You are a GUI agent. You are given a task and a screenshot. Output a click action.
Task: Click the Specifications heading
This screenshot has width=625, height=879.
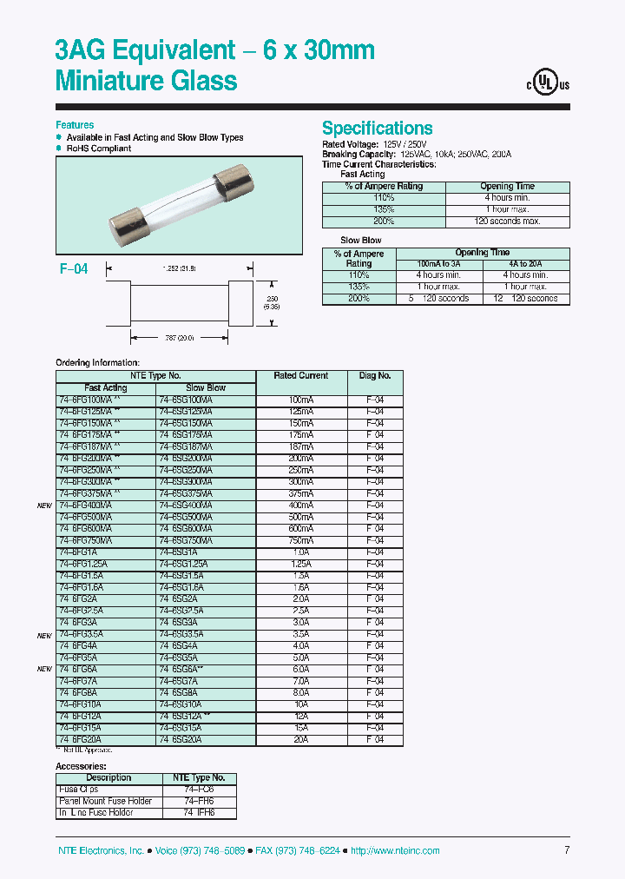click(x=377, y=128)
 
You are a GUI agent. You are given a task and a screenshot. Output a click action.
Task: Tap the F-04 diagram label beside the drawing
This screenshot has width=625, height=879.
click(x=74, y=269)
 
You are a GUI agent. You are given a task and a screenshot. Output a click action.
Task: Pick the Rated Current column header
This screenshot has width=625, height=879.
click(x=300, y=376)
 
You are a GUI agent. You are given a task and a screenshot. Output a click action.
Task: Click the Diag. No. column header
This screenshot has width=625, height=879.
click(x=374, y=376)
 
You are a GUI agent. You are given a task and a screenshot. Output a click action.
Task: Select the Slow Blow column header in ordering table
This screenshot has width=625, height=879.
click(x=206, y=387)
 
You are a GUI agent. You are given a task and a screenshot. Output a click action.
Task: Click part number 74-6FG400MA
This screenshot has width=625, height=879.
click(x=85, y=505)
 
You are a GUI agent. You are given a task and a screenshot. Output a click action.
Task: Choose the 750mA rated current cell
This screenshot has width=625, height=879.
click(x=300, y=540)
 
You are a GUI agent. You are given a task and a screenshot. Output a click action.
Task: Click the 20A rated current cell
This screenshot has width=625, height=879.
click(x=300, y=739)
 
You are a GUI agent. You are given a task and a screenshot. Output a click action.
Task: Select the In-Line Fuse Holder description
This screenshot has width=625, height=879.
click(x=96, y=813)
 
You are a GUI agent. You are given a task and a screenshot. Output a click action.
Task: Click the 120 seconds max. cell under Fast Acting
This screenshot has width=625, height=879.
click(x=508, y=221)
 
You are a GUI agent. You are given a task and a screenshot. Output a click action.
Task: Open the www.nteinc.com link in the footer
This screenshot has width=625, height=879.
click(x=398, y=851)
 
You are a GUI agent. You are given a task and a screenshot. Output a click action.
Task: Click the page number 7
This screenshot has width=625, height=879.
click(x=566, y=850)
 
